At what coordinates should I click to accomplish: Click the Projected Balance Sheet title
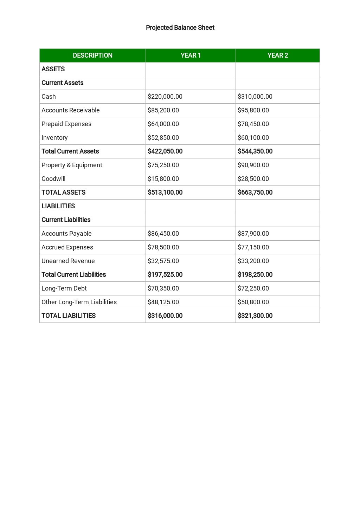click(x=180, y=28)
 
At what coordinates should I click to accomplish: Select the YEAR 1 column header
click(x=191, y=56)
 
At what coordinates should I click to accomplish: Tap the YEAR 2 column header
click(x=277, y=56)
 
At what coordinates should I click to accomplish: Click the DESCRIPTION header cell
click(x=92, y=56)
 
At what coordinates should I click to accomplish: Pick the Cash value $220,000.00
click(x=165, y=97)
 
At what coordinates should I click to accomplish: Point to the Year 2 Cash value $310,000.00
click(x=255, y=97)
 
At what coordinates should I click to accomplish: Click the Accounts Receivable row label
click(x=70, y=110)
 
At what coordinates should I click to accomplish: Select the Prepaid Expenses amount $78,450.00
click(x=253, y=124)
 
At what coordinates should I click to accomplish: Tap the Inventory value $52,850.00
click(x=163, y=138)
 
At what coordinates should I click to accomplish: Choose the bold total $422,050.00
click(x=165, y=151)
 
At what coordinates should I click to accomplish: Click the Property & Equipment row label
click(x=72, y=165)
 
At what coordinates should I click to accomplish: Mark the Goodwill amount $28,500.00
click(x=253, y=179)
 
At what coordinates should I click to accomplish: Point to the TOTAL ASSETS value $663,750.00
click(x=255, y=193)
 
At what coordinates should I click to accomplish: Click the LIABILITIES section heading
click(x=58, y=206)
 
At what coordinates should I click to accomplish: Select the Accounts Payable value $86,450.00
click(x=163, y=234)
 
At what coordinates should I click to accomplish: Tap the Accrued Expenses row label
click(x=67, y=247)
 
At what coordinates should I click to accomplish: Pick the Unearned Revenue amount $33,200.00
click(x=253, y=261)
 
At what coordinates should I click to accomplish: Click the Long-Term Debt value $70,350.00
click(x=163, y=288)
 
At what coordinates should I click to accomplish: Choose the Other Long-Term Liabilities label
click(x=79, y=302)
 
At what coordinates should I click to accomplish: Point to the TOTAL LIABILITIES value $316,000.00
click(x=165, y=316)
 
